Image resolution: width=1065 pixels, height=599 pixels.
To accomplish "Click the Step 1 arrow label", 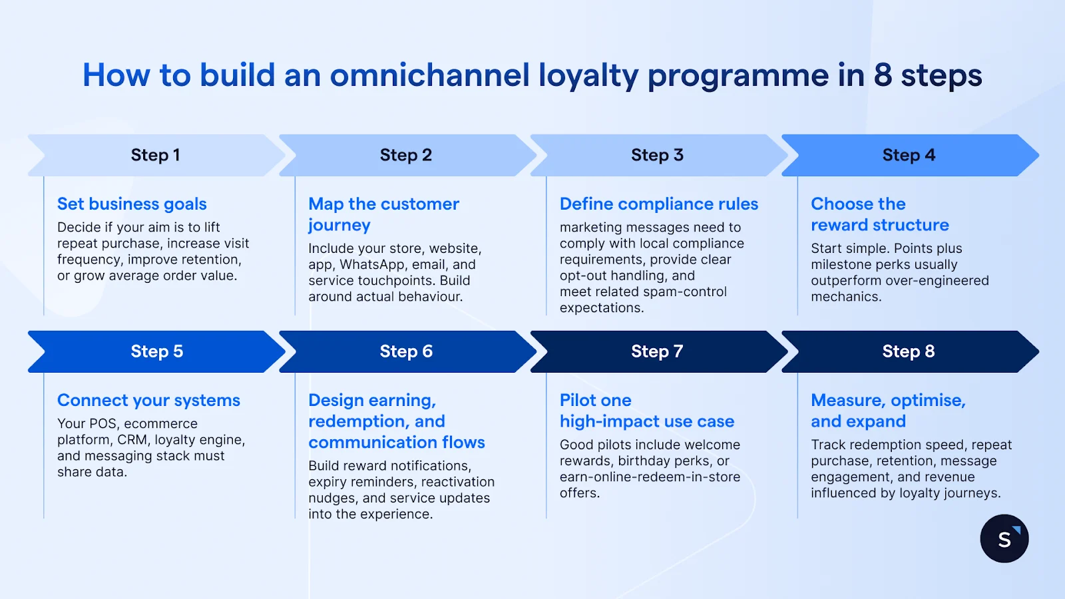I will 155,155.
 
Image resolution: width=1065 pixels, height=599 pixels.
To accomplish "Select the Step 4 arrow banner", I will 909,155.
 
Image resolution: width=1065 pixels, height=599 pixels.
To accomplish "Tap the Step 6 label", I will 406,351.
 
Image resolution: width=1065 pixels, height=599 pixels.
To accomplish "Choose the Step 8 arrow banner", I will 909,351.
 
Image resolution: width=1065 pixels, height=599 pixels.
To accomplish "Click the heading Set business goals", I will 132,204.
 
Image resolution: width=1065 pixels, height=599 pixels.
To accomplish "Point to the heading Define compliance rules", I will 659,204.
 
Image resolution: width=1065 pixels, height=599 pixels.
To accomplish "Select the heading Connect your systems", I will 148,400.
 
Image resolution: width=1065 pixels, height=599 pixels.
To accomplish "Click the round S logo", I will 1004,538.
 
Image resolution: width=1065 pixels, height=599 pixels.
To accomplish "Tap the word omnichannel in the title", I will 430,75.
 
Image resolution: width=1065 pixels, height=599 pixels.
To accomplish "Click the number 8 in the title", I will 883,75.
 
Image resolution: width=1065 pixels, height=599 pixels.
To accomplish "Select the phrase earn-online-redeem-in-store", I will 650,477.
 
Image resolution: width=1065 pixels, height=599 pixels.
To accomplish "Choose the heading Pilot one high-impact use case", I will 646,411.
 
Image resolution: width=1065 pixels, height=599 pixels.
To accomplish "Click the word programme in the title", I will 738,75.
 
